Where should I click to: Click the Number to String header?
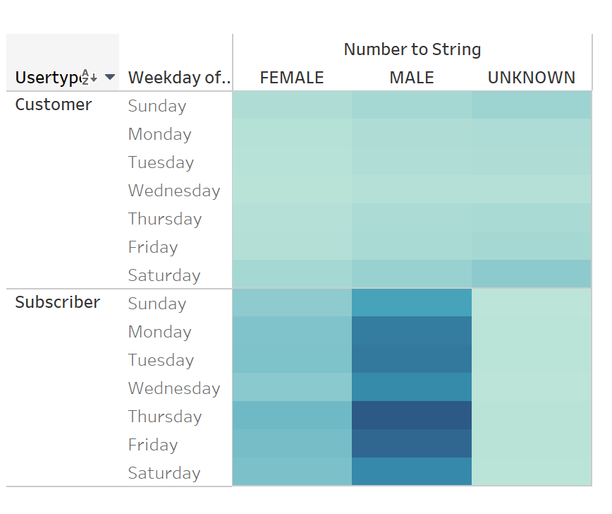(x=412, y=49)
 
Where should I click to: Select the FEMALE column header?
(x=292, y=78)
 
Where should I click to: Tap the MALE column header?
(x=412, y=78)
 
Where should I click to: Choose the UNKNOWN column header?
(x=532, y=78)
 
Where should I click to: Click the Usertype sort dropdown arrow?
(x=109, y=77)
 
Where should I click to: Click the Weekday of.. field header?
(x=180, y=78)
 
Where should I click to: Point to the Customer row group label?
(x=54, y=105)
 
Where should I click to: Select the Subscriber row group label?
(x=58, y=303)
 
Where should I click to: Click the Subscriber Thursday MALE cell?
(x=412, y=416)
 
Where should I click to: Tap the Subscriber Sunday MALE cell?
(x=412, y=303)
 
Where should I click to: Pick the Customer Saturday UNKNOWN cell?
(x=532, y=275)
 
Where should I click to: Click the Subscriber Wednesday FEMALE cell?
(x=292, y=388)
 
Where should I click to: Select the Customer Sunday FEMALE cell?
(x=292, y=105)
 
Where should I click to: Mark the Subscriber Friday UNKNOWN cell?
(x=532, y=444)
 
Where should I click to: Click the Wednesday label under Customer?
(x=174, y=191)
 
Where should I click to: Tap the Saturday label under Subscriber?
(x=164, y=473)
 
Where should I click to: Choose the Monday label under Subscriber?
(x=160, y=332)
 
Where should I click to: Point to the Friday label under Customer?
(x=153, y=247)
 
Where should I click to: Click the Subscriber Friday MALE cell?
(x=412, y=444)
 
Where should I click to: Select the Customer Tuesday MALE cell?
(x=412, y=162)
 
